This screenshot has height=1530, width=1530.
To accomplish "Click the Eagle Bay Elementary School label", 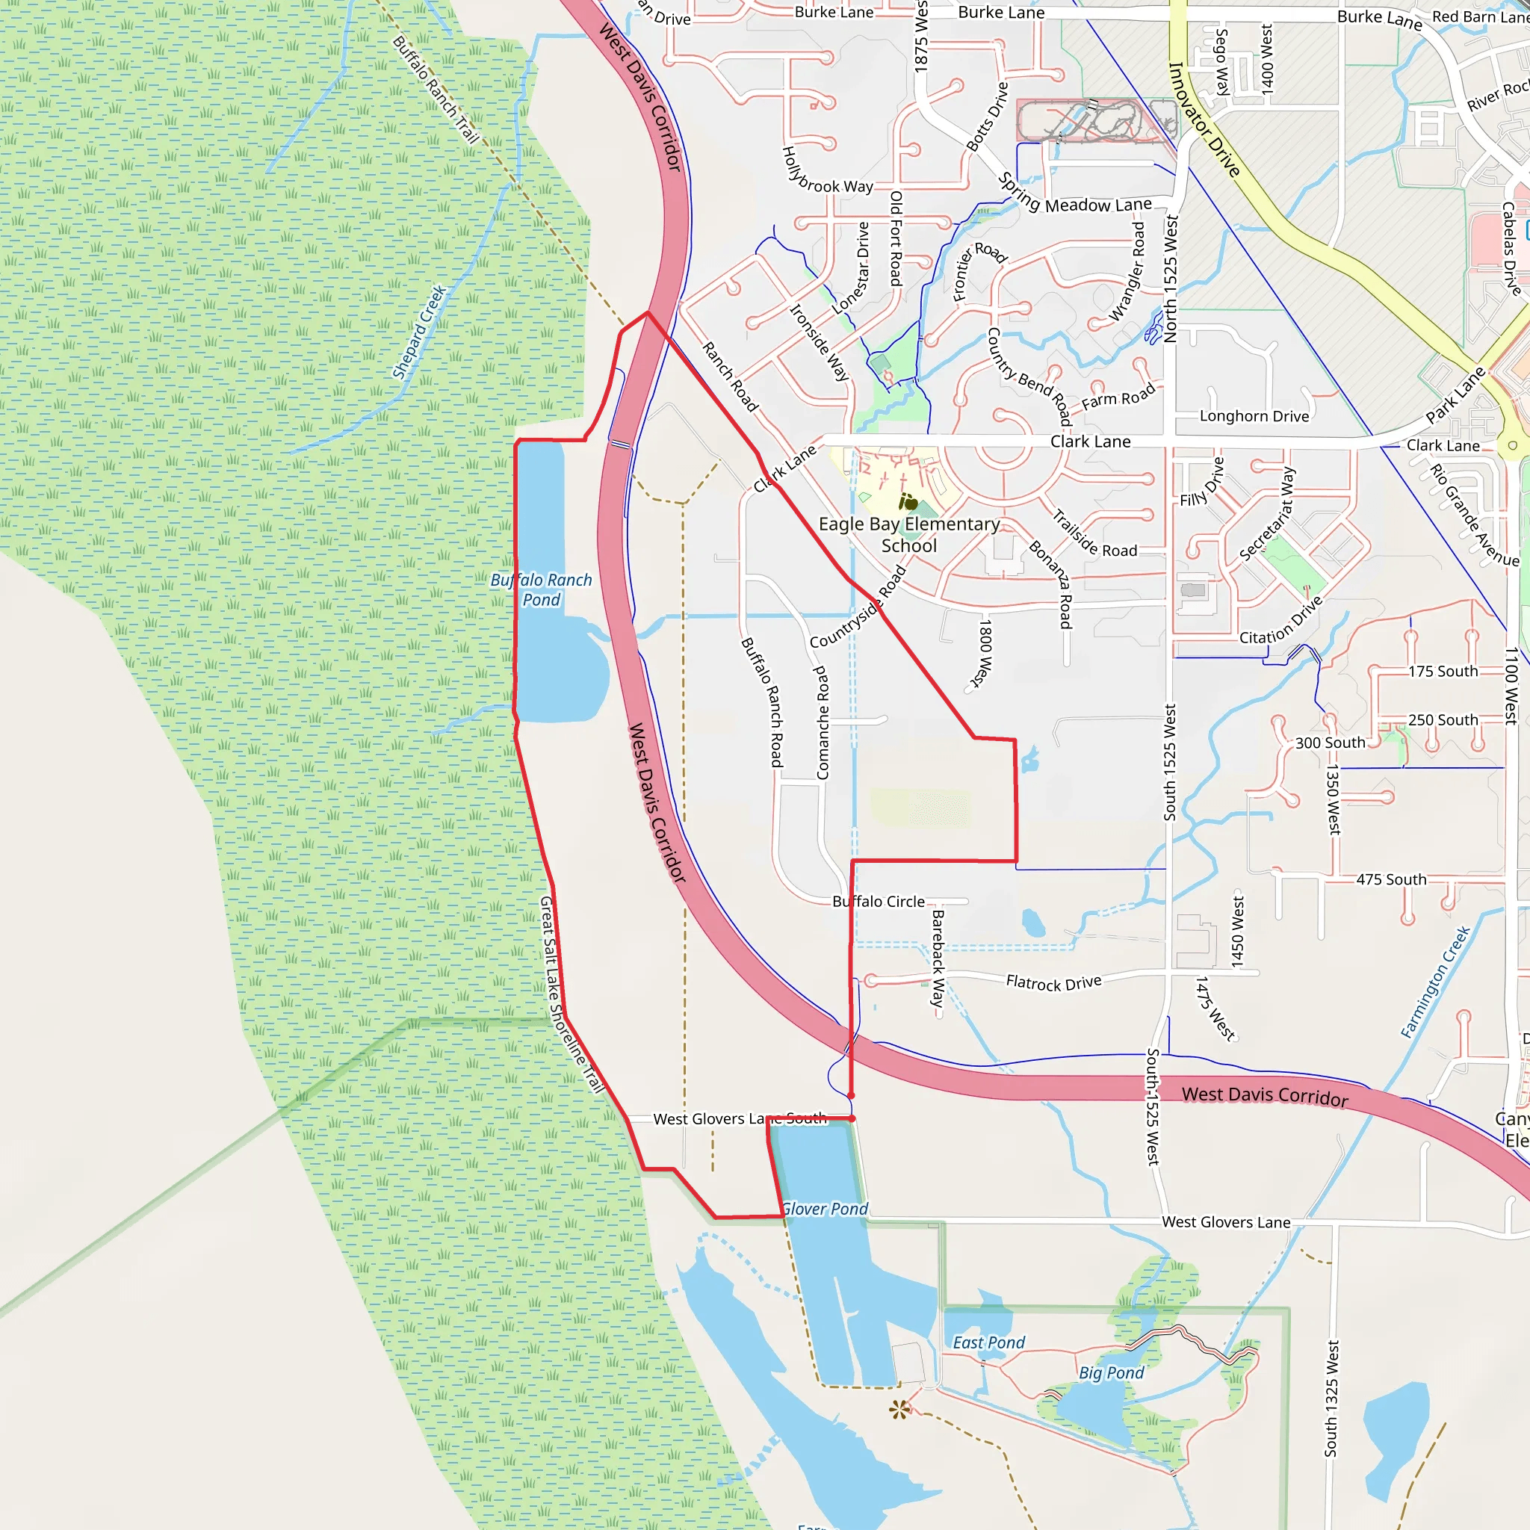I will (x=908, y=535).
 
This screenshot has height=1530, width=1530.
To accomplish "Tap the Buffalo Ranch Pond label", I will (x=541, y=590).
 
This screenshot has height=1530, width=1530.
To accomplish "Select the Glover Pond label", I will (x=825, y=1209).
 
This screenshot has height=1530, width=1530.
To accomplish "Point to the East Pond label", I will (x=988, y=1342).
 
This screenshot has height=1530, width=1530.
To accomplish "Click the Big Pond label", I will (x=1111, y=1372).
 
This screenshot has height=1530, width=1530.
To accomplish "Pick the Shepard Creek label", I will (x=420, y=332).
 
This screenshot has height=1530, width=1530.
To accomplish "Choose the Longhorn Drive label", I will (x=1254, y=416).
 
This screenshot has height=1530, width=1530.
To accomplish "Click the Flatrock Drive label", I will (x=1053, y=983).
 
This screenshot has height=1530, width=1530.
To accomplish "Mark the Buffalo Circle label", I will (x=879, y=901).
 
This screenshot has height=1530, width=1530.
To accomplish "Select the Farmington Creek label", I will (x=1435, y=982).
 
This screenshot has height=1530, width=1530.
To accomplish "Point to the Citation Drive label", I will (x=1280, y=621).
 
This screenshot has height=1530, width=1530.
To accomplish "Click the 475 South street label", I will (x=1390, y=879).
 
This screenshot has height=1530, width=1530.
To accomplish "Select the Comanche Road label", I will (x=822, y=722).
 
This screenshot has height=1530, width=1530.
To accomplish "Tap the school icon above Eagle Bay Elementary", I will (x=908, y=502).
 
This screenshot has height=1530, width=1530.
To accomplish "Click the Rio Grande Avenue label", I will (x=1474, y=515).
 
